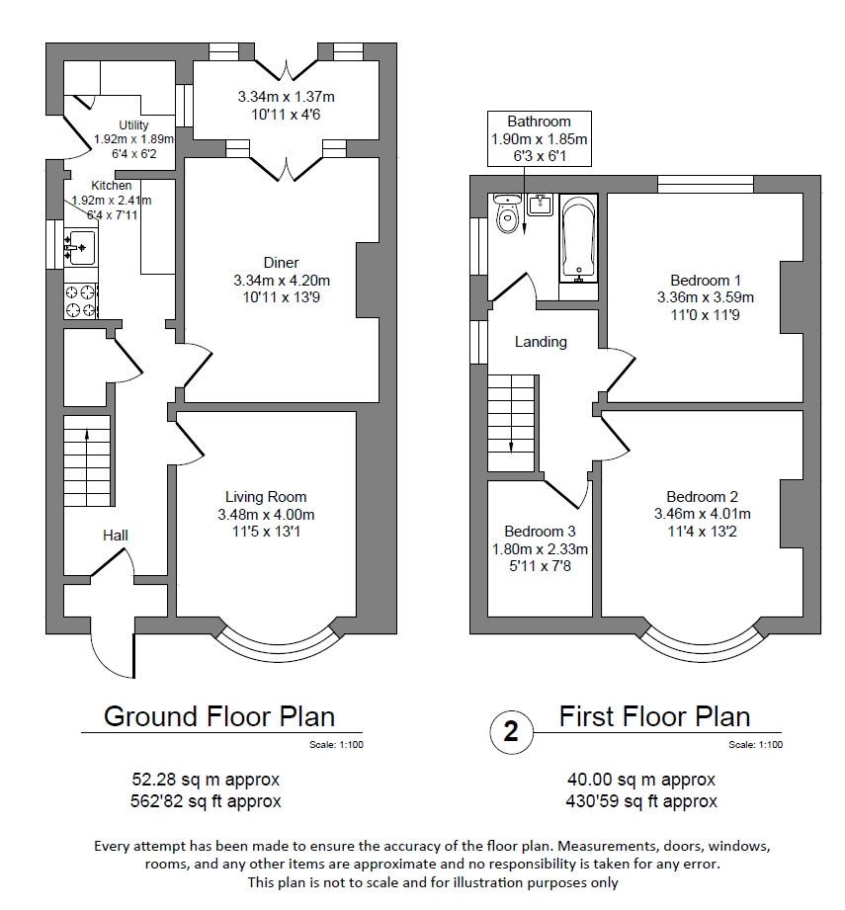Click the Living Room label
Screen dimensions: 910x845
(x=266, y=497)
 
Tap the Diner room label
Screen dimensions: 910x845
(x=281, y=263)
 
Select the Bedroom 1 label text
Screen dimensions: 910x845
(x=705, y=281)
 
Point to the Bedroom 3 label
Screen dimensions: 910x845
(x=540, y=531)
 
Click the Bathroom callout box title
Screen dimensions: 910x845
(x=539, y=122)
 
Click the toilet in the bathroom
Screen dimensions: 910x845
(x=508, y=215)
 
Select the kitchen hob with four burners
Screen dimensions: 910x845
(x=81, y=300)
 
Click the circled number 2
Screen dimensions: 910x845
(x=511, y=732)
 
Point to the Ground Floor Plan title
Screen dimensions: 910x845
(x=219, y=715)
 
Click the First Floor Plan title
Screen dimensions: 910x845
(x=654, y=715)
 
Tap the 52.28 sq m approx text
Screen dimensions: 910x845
(x=207, y=778)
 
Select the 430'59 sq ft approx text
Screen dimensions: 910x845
(x=642, y=800)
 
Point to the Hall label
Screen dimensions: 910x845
(x=116, y=536)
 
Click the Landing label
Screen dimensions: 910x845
(x=541, y=342)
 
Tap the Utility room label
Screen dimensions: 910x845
(x=133, y=124)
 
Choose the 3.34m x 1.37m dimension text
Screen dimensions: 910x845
(x=286, y=97)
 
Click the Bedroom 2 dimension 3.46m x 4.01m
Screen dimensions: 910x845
(x=702, y=514)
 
